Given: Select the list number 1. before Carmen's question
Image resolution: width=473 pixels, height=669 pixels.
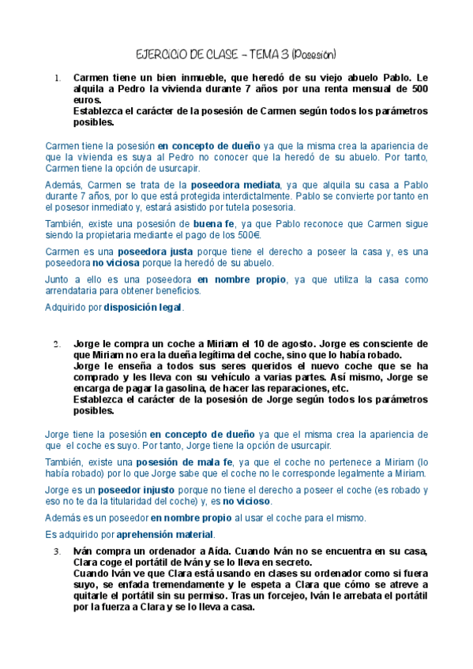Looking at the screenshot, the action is click(57, 78).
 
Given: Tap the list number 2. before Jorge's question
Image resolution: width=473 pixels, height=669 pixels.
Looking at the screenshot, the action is click(57, 344).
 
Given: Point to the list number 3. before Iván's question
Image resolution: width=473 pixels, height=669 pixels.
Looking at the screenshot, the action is click(57, 551).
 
